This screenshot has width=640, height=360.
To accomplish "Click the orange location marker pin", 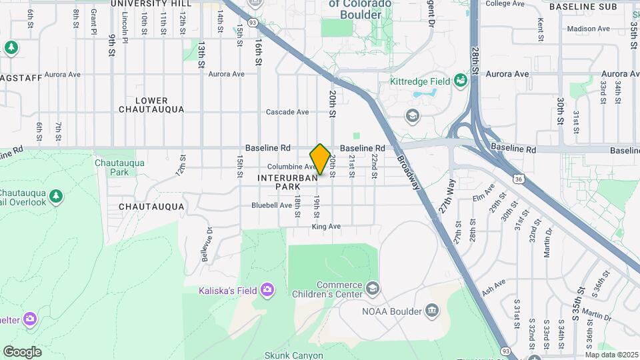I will (320, 159).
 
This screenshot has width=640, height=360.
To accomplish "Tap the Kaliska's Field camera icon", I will (267, 289).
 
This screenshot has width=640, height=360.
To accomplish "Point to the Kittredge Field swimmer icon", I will (459, 81).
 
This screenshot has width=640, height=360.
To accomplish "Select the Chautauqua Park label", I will (111, 167).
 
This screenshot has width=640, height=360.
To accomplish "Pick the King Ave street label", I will (326, 227).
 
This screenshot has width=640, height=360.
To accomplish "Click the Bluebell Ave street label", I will (271, 205).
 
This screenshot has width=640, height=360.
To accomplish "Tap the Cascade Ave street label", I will (287, 112).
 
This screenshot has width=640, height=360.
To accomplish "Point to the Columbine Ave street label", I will (291, 167).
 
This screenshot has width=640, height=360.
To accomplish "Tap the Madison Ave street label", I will (588, 29).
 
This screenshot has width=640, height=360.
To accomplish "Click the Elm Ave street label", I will (482, 197).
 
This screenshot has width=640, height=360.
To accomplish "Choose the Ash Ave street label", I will (493, 287).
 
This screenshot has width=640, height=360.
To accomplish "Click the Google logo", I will (22, 352).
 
